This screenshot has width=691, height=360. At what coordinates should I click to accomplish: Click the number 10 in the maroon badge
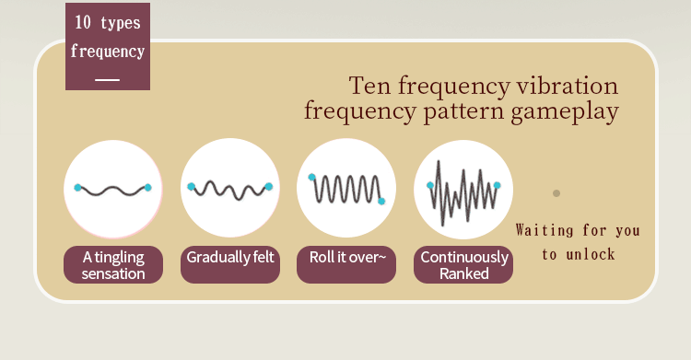[82, 22]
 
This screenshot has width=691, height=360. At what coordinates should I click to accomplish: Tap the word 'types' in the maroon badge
[121, 23]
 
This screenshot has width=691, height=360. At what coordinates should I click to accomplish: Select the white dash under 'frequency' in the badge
[108, 80]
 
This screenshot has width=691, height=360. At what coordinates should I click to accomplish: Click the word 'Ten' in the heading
[369, 86]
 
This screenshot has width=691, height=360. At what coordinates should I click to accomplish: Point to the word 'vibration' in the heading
[568, 86]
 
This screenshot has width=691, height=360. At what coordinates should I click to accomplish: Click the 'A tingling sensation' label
[113, 265]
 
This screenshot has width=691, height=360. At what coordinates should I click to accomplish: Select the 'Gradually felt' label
[230, 265]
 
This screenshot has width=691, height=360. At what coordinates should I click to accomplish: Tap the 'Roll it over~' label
[346, 265]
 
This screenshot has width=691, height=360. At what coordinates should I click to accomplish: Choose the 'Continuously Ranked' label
[463, 265]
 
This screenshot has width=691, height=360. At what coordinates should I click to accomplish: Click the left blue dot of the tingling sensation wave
[78, 188]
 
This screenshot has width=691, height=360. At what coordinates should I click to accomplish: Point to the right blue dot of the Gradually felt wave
[269, 187]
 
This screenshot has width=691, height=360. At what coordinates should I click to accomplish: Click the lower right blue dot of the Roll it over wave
[381, 202]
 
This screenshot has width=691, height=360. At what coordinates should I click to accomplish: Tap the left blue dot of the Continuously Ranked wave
[430, 185]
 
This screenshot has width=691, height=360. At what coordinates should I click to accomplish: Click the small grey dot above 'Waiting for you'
[556, 193]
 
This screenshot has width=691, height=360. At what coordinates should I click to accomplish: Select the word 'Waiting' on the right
[545, 230]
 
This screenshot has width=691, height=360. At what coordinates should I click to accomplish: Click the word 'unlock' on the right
[591, 254]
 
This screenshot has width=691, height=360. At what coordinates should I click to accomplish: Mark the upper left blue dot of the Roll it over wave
[311, 177]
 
